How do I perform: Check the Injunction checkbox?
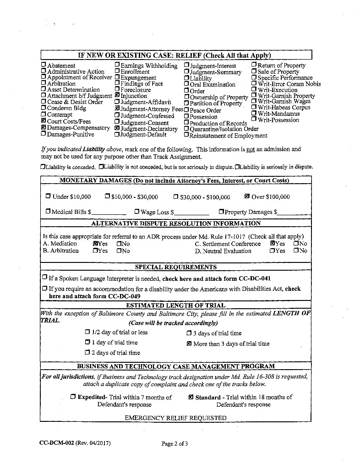point(117,96)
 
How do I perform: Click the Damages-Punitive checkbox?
point(44,134)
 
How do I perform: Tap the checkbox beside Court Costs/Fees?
point(44,121)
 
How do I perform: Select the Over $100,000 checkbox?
point(247,197)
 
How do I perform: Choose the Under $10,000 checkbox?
point(48,197)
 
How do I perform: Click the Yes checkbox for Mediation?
point(95,244)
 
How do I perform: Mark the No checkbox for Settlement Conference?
point(296,244)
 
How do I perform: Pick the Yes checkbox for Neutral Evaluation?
point(272,251)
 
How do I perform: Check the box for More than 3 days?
point(189,344)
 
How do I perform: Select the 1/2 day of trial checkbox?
point(87,333)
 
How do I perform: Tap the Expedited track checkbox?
point(73,397)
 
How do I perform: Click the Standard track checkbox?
point(191,397)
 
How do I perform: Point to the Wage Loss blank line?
point(191,213)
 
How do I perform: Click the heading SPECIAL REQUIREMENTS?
point(175,267)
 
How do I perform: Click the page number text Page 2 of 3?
point(175,443)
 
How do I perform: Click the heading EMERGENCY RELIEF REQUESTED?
point(175,418)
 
